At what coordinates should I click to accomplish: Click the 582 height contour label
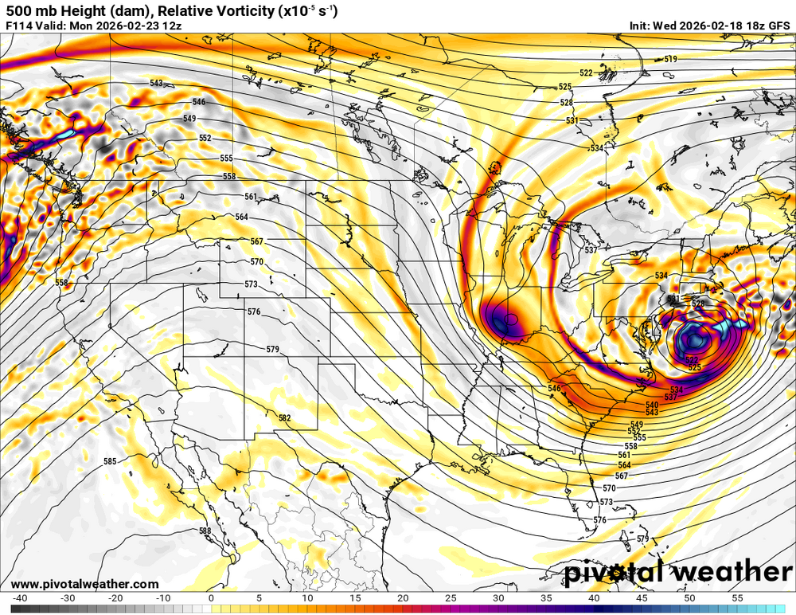point(284,418)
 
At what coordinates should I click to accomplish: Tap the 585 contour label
point(110,461)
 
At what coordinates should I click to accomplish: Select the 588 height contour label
point(205,531)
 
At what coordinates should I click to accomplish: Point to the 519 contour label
point(670,60)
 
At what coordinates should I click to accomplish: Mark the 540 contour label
point(652,405)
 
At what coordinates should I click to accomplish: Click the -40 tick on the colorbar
point(21,597)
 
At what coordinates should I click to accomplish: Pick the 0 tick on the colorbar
point(211,597)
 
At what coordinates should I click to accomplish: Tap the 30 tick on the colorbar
point(499,597)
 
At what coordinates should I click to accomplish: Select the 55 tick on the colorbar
point(739,597)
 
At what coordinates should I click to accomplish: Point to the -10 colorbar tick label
point(163,597)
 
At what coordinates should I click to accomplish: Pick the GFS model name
point(778,25)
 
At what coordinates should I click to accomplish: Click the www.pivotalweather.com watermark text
point(84,584)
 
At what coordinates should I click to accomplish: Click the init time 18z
point(751,25)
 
